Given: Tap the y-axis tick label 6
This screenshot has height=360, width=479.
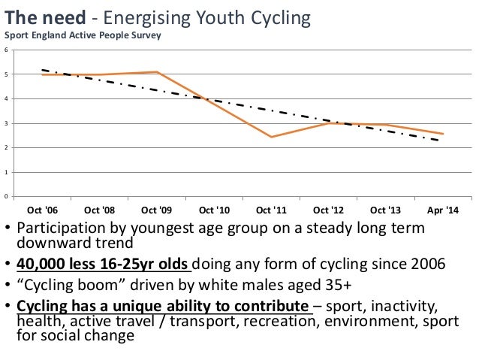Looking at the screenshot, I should coord(7,50).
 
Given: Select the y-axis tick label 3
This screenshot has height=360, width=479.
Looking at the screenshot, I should coord(7,123).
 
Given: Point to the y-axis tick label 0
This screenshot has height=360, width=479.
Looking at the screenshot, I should coord(7,197).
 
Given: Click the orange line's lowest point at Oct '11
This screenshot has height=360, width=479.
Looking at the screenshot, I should coord(271,137).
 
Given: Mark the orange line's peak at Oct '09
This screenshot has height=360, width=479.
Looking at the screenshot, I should coord(156,72).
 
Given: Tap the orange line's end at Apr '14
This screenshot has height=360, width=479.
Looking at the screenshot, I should coord(443,134).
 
